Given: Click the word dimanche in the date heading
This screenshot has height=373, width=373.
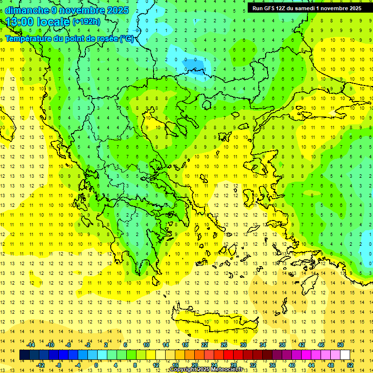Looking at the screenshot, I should [x=27, y=10].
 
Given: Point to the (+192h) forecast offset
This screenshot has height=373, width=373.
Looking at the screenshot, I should [x=86, y=22].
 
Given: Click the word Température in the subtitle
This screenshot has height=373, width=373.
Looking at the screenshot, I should [x=29, y=38].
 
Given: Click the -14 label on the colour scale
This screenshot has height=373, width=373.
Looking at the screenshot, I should [x=31, y=345].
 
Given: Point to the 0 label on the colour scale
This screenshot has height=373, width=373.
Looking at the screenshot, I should [x=96, y=365].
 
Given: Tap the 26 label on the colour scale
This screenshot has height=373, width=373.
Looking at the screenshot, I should [x=224, y=345].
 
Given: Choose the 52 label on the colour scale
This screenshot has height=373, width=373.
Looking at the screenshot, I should [x=350, y=365].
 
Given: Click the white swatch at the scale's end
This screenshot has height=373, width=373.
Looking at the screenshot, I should [x=345, y=355].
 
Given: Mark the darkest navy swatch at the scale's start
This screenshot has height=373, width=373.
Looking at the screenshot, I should [x=24, y=355].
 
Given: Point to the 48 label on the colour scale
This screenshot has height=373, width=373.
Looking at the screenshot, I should [x=331, y=365].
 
